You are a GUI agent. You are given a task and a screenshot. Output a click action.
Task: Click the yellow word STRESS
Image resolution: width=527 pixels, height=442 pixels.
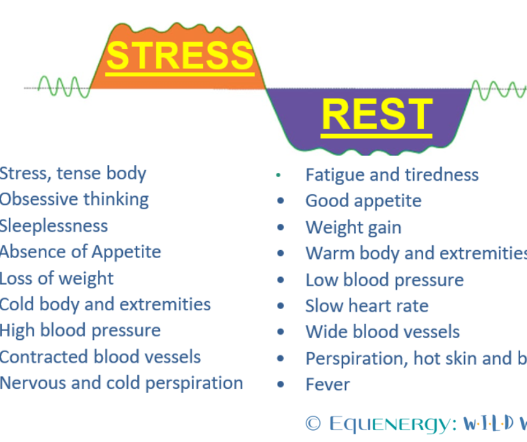tap(179, 55)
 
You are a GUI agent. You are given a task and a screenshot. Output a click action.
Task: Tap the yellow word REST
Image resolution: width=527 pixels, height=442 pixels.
tap(377, 115)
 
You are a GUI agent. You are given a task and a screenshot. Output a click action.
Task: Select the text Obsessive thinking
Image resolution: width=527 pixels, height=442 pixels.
tap(74, 199)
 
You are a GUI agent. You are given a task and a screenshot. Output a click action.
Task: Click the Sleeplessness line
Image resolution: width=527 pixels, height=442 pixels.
tap(54, 225)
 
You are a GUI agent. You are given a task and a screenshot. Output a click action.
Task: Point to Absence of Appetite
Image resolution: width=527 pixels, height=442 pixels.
tap(80, 252)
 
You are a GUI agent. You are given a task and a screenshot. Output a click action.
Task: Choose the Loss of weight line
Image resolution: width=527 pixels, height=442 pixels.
tap(57, 278)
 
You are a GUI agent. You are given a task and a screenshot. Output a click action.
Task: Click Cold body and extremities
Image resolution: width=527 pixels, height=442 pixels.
tap(105, 305)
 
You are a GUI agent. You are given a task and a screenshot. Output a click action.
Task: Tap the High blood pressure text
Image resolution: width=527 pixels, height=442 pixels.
tap(80, 330)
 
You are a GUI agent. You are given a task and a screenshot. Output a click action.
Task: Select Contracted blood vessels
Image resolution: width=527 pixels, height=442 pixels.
tap(100, 357)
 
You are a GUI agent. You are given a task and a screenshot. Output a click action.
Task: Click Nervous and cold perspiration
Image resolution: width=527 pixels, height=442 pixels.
tap(121, 383)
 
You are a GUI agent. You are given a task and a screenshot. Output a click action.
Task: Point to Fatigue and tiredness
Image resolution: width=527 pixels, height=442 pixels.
tap(392, 174)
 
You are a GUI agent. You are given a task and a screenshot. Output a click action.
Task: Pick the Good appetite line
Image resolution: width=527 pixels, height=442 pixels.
tap(363, 201)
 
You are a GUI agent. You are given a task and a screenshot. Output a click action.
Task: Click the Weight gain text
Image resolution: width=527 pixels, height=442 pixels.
tap(353, 227)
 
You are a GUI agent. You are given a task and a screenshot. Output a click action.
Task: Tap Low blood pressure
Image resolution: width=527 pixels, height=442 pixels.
tap(385, 280)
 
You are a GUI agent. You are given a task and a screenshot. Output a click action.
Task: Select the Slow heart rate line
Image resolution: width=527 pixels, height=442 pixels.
tap(367, 306)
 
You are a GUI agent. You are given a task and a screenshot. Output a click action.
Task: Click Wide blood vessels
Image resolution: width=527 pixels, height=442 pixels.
tap(382, 332)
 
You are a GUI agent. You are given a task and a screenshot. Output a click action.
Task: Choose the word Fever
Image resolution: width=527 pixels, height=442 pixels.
tap(327, 385)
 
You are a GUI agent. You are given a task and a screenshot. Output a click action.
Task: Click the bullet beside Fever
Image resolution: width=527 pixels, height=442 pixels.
tap(280, 385)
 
